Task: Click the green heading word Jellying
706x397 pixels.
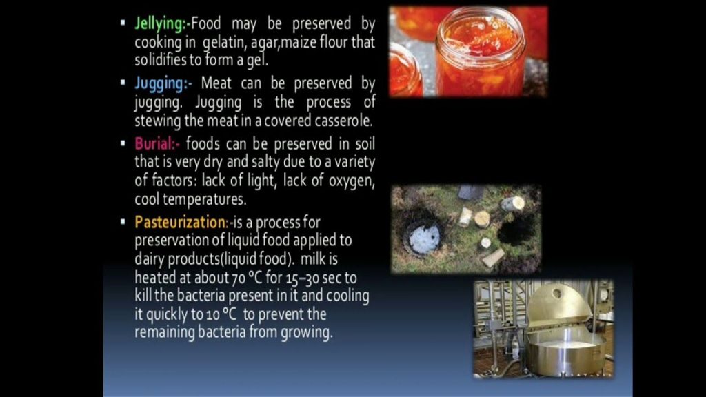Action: tap(159, 23)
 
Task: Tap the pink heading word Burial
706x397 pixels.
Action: tap(154, 143)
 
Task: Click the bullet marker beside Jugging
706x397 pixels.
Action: tap(123, 83)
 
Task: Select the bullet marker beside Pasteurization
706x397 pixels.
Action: tap(123, 221)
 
